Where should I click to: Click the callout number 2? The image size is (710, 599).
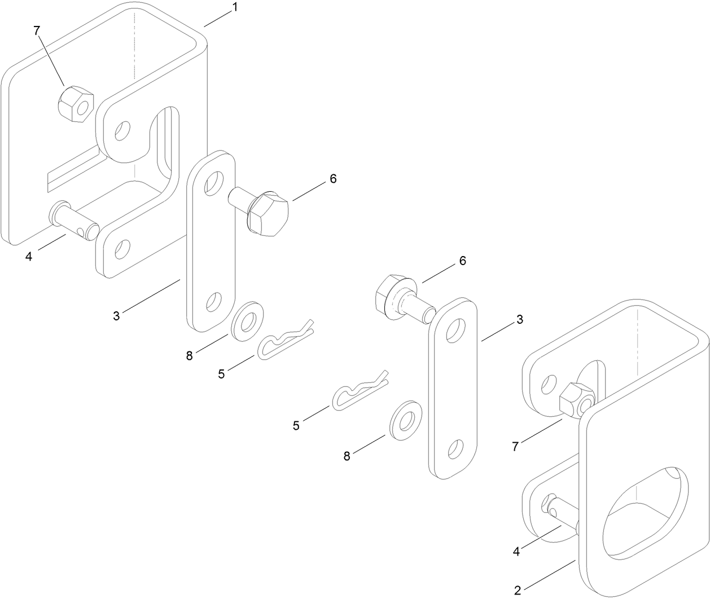[517, 591]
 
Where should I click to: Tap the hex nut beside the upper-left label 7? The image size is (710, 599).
[75, 103]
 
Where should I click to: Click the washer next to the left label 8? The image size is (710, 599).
[247, 323]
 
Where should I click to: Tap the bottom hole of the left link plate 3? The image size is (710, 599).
[213, 302]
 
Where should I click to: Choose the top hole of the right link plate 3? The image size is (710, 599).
[454, 331]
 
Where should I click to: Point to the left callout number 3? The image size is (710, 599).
[116, 316]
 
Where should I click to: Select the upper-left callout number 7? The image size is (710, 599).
[37, 31]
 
